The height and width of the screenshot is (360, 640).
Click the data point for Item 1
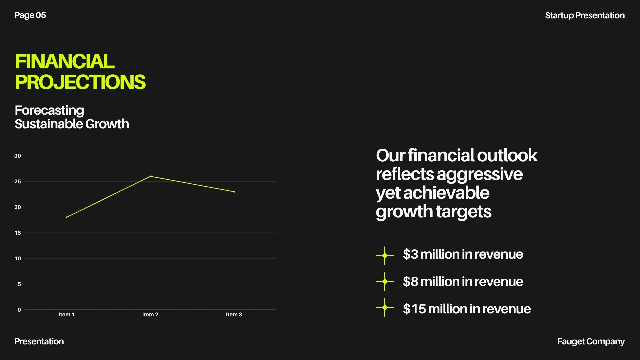coord(67,217)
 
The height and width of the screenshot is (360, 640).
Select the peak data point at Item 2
coord(150,176)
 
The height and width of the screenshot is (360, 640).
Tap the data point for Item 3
coord(234,192)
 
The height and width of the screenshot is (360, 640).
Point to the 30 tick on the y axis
coord(18,156)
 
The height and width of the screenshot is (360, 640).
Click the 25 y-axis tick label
coord(18,181)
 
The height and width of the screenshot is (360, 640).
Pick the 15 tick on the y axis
coord(18,233)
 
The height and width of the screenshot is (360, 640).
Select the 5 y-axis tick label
coord(19,284)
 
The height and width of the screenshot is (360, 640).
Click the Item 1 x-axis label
coord(67,314)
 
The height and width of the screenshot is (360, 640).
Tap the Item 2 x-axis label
coord(150,314)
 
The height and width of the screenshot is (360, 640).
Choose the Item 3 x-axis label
coord(234,314)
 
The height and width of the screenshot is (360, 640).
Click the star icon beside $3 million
coord(385,256)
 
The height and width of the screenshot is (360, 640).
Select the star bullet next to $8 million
coord(385,282)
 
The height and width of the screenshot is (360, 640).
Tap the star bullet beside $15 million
coord(385,308)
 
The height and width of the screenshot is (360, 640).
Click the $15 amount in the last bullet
coord(414,309)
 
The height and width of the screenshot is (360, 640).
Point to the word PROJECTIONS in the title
coord(80,82)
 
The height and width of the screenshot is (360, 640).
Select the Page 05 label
coord(30,15)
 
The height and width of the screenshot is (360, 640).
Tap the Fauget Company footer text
coord(591,342)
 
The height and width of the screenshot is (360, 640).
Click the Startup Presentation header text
coord(585,16)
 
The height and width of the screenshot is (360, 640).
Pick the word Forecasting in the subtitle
coord(49,111)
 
